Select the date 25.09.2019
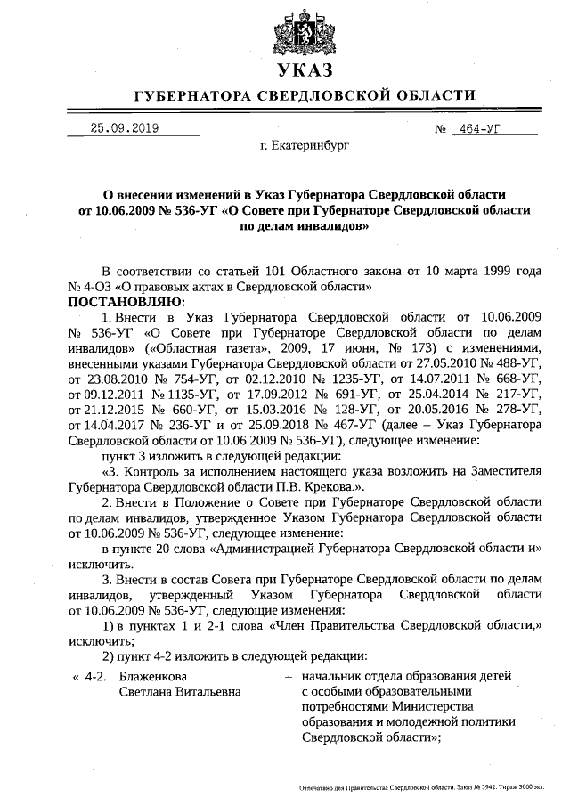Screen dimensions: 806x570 pos(124,128)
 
